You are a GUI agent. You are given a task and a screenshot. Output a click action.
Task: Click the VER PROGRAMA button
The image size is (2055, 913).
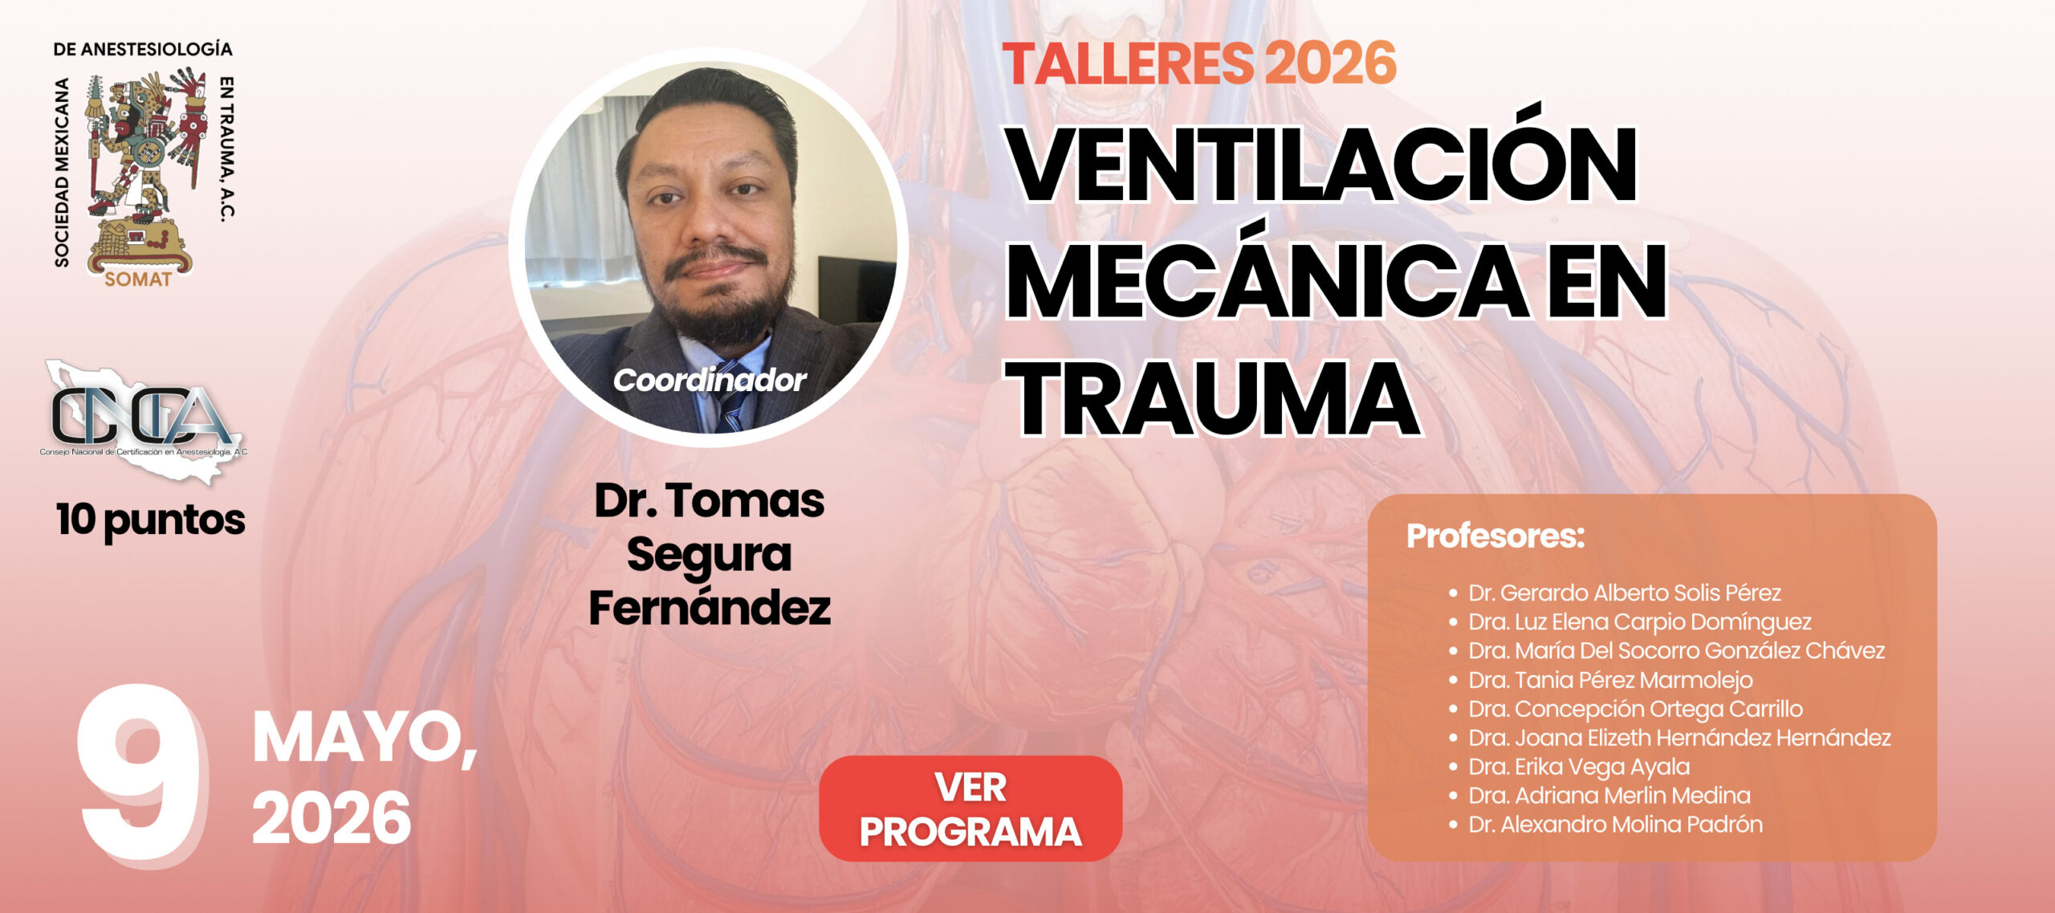[x=971, y=809]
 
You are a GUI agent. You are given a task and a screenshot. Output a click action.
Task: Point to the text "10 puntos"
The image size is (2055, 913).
[x=151, y=520]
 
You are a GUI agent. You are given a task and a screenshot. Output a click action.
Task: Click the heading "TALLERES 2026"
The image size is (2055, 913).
[x=1199, y=63]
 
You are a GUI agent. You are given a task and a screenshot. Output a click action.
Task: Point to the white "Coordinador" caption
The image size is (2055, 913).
[x=710, y=381]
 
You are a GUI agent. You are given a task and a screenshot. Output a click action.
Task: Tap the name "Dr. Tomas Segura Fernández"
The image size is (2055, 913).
[x=710, y=554]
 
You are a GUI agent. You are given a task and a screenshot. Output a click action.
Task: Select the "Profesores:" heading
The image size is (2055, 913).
[x=1495, y=536]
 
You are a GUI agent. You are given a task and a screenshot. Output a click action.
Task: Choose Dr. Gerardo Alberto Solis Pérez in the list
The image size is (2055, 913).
[x=1625, y=593]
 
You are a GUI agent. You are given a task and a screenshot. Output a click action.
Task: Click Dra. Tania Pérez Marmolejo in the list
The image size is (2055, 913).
[x=1610, y=680]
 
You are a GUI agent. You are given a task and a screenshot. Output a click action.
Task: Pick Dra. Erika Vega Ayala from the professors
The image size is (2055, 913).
[x=1579, y=767]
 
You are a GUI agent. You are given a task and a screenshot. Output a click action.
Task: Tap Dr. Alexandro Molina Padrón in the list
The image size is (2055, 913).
[x=1615, y=825]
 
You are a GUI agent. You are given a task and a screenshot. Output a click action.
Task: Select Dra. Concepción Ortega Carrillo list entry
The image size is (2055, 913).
[x=1635, y=709]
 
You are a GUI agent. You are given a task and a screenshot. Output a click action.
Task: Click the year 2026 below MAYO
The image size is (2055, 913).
[x=332, y=818]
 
